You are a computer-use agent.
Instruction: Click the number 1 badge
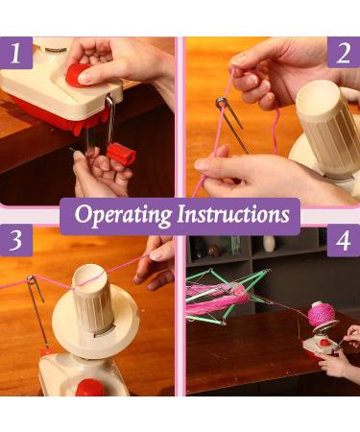(15, 54)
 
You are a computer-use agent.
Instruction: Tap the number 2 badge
(343, 54)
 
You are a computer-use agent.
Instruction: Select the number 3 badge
(15, 242)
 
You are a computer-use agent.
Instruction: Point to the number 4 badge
(343, 242)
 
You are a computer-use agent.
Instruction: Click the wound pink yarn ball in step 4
(324, 315)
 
